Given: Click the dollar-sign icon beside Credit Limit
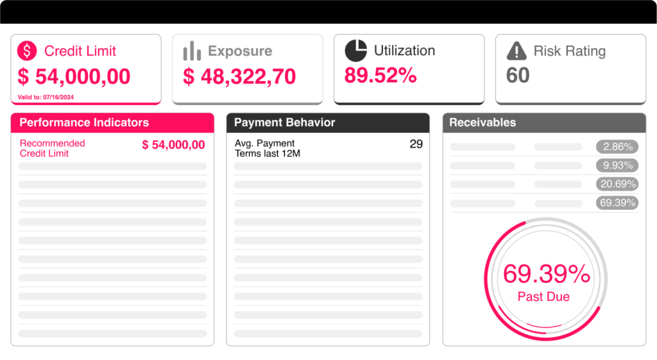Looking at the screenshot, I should [28, 51].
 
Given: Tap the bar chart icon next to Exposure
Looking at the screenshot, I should [192, 51].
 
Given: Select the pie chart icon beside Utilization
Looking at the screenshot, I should [355, 50].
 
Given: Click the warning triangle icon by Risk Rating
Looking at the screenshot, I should [516, 51].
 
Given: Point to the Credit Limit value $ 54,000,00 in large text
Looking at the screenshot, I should [74, 76].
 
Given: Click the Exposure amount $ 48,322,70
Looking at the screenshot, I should [239, 76].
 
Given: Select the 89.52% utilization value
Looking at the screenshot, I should [380, 75].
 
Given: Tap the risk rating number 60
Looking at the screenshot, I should [518, 75].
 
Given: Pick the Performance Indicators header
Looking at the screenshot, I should [84, 123].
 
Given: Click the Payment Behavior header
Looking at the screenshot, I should [284, 123].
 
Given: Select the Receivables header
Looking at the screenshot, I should [482, 123].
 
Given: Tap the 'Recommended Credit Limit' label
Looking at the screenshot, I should [52, 148].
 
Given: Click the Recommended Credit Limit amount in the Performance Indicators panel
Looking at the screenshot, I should [173, 145].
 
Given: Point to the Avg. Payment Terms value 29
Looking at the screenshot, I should [416, 144].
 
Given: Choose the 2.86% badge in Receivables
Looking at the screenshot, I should [617, 147].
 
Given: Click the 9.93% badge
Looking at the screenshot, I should [617, 166].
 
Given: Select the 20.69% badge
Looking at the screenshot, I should [617, 184].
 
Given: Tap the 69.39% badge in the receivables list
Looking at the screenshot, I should [617, 203].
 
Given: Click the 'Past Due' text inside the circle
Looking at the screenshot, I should [543, 296].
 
